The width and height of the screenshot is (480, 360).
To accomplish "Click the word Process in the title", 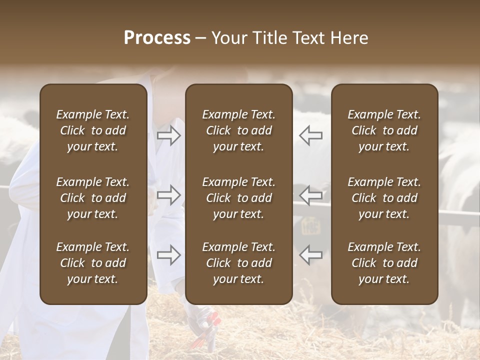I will click(157, 38).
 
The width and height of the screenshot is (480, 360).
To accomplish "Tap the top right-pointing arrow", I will click(169, 135).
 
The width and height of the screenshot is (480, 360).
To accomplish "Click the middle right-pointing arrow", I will click(169, 195).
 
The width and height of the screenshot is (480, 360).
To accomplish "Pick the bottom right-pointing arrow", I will click(169, 255).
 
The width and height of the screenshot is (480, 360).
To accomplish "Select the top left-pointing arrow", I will click(311, 135).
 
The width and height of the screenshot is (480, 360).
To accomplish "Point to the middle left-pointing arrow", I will click(311, 195).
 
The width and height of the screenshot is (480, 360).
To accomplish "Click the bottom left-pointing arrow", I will click(311, 255).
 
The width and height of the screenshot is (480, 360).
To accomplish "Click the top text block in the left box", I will click(93, 130).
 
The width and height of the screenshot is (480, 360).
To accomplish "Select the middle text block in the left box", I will click(93, 198).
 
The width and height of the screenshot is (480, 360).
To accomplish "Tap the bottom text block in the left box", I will click(93, 263).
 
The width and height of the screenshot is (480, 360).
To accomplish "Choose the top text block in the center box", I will click(238, 130).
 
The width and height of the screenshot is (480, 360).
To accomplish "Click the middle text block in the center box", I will click(238, 198).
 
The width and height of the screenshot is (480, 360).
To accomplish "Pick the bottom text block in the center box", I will click(238, 263).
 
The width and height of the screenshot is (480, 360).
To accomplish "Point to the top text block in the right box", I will click(384, 130).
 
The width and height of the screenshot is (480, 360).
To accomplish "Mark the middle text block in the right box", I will click(384, 198).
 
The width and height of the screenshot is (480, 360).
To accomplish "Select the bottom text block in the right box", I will click(384, 263).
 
